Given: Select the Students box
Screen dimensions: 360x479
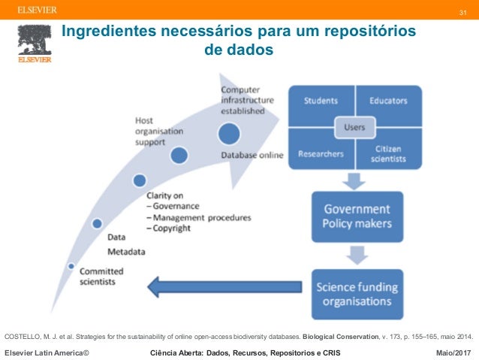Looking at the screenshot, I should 320,101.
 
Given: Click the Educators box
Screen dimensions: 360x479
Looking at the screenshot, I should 389,101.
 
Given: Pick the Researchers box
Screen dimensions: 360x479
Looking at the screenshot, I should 321,153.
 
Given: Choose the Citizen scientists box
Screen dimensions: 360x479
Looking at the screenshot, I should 390,154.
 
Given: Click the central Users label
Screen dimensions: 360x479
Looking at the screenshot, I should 354,127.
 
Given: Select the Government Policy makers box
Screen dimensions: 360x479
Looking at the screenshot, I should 357,216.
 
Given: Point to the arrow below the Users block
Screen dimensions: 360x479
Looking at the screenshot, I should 354,180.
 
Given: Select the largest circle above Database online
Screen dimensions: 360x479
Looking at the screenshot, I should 230,134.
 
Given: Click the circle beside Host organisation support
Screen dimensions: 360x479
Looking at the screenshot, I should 179,156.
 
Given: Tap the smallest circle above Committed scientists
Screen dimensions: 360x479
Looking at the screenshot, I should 71,266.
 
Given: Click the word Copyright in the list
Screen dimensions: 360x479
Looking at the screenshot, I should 170,228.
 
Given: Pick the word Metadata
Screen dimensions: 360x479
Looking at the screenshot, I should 126,250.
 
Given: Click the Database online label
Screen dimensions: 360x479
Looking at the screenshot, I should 252,156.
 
